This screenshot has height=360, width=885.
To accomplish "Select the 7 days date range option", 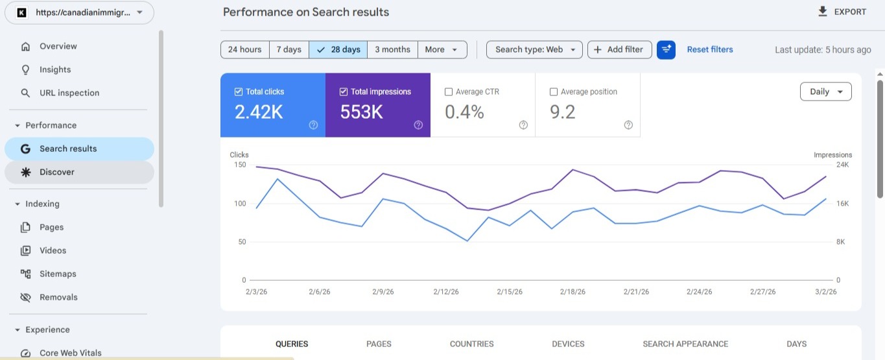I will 289,50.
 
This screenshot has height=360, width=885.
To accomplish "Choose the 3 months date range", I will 392,50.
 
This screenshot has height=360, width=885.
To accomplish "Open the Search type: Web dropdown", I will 534,50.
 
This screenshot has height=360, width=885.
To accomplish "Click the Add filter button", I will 619,50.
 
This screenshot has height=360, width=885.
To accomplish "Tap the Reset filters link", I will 710,49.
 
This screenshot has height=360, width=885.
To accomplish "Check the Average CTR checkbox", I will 449,92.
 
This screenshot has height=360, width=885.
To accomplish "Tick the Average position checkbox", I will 554,92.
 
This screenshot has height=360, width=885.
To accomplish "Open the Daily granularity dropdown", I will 825,92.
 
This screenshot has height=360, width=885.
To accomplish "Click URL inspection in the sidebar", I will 69,93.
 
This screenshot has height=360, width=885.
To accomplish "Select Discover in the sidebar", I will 57,172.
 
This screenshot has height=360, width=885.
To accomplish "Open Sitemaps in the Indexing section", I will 58,274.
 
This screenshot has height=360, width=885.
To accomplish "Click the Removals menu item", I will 58,297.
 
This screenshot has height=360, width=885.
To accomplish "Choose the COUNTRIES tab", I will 471,344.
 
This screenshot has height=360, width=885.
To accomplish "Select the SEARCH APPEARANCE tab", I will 685,344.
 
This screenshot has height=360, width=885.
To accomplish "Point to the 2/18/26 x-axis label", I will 573,292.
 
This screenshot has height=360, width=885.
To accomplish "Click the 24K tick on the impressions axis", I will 842,165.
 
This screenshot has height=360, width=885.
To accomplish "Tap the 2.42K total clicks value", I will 259,112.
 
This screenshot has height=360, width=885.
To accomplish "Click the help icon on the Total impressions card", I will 418,125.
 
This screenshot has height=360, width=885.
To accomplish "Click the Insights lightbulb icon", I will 25,69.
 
